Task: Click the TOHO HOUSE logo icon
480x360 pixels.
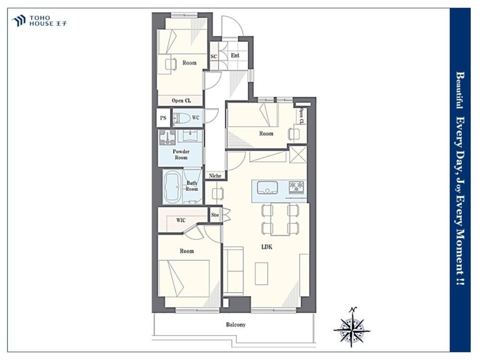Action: [18, 21]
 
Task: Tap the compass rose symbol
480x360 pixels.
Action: [352, 327]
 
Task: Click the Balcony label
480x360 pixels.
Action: [236, 324]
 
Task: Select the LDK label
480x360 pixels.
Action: [266, 247]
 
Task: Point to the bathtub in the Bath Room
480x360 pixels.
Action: [173, 187]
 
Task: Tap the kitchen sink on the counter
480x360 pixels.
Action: [267, 187]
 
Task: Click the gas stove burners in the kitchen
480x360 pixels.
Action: [297, 187]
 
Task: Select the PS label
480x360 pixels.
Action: [163, 118]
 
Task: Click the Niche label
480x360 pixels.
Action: [215, 176]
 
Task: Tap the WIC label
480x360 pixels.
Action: [180, 220]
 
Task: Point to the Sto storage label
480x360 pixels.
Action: [215, 215]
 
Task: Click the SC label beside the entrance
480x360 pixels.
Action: [214, 56]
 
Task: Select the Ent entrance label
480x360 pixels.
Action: [235, 55]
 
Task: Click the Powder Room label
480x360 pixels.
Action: [181, 154]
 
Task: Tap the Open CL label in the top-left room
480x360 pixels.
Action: [181, 100]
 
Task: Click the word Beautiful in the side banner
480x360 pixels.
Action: [460, 90]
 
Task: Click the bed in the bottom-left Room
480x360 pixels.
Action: [184, 278]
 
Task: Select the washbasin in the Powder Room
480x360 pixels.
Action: [190, 135]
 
